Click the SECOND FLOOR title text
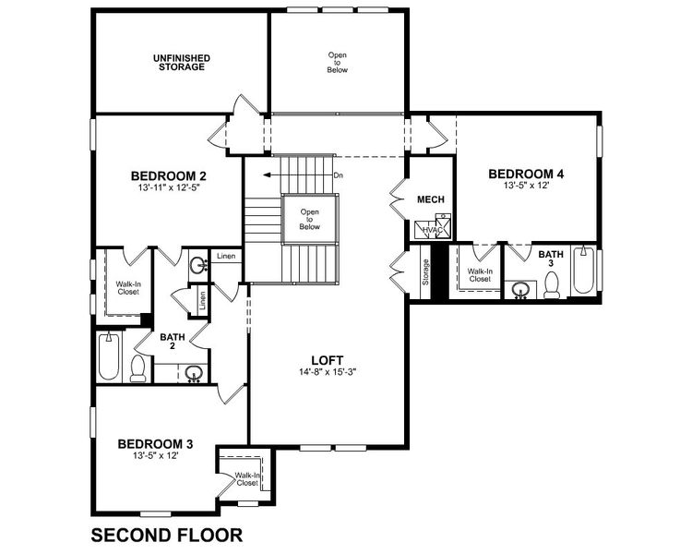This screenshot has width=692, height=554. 166,534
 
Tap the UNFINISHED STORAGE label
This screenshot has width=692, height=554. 181,62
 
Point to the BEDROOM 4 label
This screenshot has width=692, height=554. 526,174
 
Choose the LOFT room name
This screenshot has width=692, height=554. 328,361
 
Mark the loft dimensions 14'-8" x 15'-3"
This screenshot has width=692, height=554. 328,373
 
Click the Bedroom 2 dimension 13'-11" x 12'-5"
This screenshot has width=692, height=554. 167,187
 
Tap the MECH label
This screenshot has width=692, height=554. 431,199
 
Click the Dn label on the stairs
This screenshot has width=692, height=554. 339,175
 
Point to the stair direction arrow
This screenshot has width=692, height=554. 295,174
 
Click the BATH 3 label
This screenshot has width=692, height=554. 551,259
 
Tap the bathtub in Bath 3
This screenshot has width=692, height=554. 584,271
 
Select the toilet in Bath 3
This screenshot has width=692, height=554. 552,288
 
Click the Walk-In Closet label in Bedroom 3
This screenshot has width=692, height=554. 246,478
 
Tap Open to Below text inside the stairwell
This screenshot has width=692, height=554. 309,218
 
